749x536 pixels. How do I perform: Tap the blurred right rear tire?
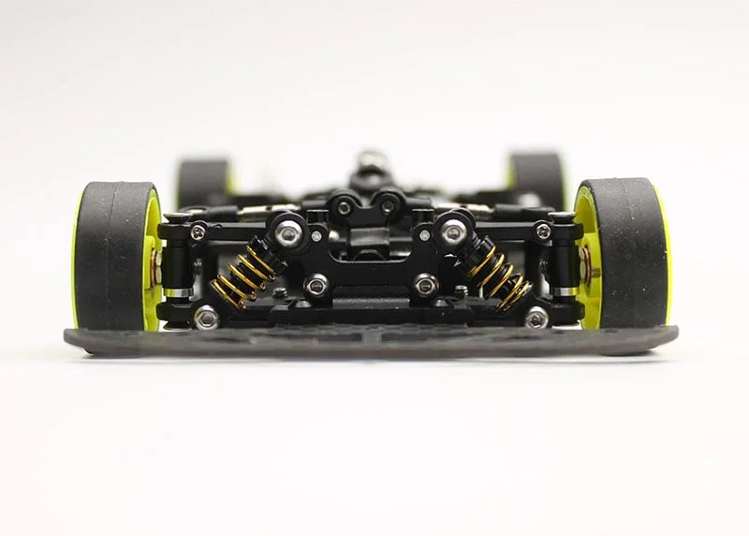(539, 178)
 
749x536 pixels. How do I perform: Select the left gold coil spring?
(242, 275)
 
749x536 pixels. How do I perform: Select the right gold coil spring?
(499, 275)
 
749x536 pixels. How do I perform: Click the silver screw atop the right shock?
(453, 233)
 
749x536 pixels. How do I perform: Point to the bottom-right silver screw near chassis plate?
(536, 319)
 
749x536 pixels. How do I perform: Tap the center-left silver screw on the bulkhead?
(317, 286)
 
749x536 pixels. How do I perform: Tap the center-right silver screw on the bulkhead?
(425, 285)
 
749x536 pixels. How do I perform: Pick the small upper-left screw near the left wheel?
(198, 231)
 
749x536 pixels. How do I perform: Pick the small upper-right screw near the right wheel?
(542, 231)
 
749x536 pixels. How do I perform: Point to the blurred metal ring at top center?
(369, 158)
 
